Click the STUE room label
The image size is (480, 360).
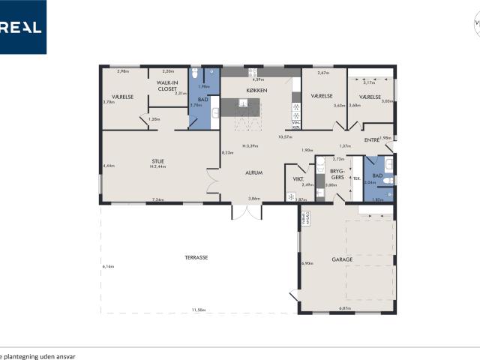click(157, 160)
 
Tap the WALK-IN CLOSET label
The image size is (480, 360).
click(167, 86)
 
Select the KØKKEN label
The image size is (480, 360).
click(256, 91)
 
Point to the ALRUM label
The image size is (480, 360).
click(253, 172)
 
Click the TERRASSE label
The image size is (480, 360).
click(196, 257)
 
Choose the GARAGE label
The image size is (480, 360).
click(342, 259)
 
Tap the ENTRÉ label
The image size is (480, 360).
click(371, 140)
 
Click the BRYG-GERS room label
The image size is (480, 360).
click(337, 175)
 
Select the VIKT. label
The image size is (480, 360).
click(298, 178)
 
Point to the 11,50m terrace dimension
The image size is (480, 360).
click(198, 309)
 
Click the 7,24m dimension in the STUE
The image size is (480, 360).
click(157, 199)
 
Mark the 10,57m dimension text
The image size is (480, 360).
click(284, 137)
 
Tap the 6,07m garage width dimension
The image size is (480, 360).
click(345, 308)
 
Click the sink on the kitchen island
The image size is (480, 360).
click(244, 103)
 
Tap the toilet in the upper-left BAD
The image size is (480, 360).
click(195, 73)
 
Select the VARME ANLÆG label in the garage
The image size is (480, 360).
click(306, 219)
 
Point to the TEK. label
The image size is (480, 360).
click(357, 178)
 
